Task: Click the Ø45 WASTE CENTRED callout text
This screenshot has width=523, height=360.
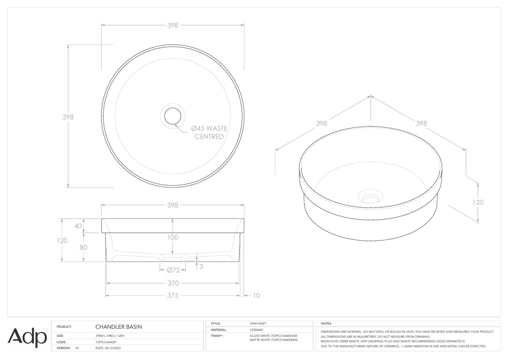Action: click(x=209, y=132)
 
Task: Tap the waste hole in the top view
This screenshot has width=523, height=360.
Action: click(x=173, y=116)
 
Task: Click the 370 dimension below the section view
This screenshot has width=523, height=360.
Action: click(x=172, y=283)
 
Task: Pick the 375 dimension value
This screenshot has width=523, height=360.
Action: click(x=172, y=295)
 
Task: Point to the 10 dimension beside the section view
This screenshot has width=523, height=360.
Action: click(x=257, y=295)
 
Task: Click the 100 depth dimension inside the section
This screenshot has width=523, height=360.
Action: click(x=172, y=237)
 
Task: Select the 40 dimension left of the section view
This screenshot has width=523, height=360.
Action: click(x=78, y=226)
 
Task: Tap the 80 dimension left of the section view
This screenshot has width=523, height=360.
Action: click(x=83, y=247)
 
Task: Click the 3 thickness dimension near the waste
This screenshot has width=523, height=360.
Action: click(x=201, y=266)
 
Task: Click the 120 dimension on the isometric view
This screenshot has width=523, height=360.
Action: click(x=478, y=202)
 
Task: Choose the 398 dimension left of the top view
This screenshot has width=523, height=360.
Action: click(x=68, y=117)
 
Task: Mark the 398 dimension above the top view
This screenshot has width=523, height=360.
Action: click(x=172, y=25)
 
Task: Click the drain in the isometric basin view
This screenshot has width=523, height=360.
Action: click(x=369, y=197)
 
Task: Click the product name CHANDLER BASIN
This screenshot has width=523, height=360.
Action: click(x=119, y=326)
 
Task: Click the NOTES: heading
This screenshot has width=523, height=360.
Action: click(x=326, y=323)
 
